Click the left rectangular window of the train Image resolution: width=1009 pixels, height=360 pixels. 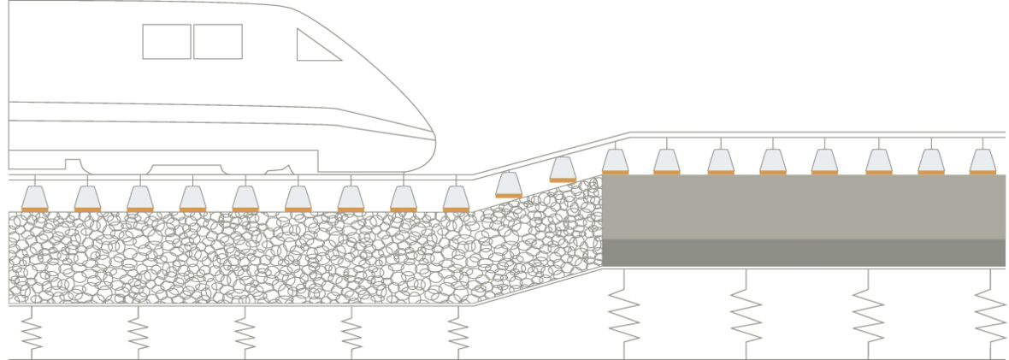point(166,41)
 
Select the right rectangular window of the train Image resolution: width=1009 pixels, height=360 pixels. point(217,41)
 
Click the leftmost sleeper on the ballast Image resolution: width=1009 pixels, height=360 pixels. point(35,197)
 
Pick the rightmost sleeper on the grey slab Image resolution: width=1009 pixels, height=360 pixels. point(983,161)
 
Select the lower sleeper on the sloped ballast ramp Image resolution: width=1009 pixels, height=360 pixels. point(509,184)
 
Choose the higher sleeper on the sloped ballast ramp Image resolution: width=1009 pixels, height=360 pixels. point(563,168)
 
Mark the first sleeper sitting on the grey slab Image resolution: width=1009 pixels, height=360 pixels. point(616,161)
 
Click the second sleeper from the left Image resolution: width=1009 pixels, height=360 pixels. point(87,197)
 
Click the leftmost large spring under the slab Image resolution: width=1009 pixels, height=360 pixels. point(623,314)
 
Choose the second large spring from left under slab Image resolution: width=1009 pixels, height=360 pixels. point(746,314)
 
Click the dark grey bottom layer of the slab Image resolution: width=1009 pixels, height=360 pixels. point(804,252)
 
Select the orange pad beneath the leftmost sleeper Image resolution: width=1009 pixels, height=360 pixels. point(35,209)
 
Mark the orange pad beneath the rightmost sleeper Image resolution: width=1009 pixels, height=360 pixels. point(983,172)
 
